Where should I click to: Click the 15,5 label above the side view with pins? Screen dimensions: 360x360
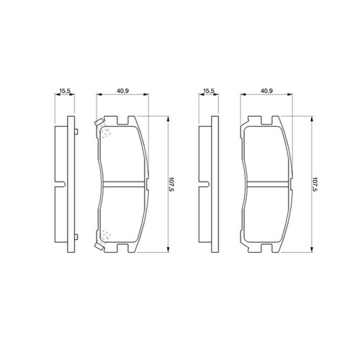coord(65,91)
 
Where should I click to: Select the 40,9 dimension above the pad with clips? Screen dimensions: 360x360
coord(123,91)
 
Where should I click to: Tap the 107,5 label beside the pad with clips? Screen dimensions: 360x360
coord(171,184)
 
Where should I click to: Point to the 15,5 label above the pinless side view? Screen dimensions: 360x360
coord(209,91)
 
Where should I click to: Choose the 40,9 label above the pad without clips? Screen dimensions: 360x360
coord(266,91)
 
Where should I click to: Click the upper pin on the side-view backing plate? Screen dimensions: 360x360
coord(76,132)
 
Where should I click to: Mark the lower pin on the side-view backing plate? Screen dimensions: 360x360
coord(76,237)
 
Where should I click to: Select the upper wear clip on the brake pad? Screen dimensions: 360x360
coord(99,122)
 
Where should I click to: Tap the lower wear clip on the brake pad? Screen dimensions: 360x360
coord(99,246)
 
